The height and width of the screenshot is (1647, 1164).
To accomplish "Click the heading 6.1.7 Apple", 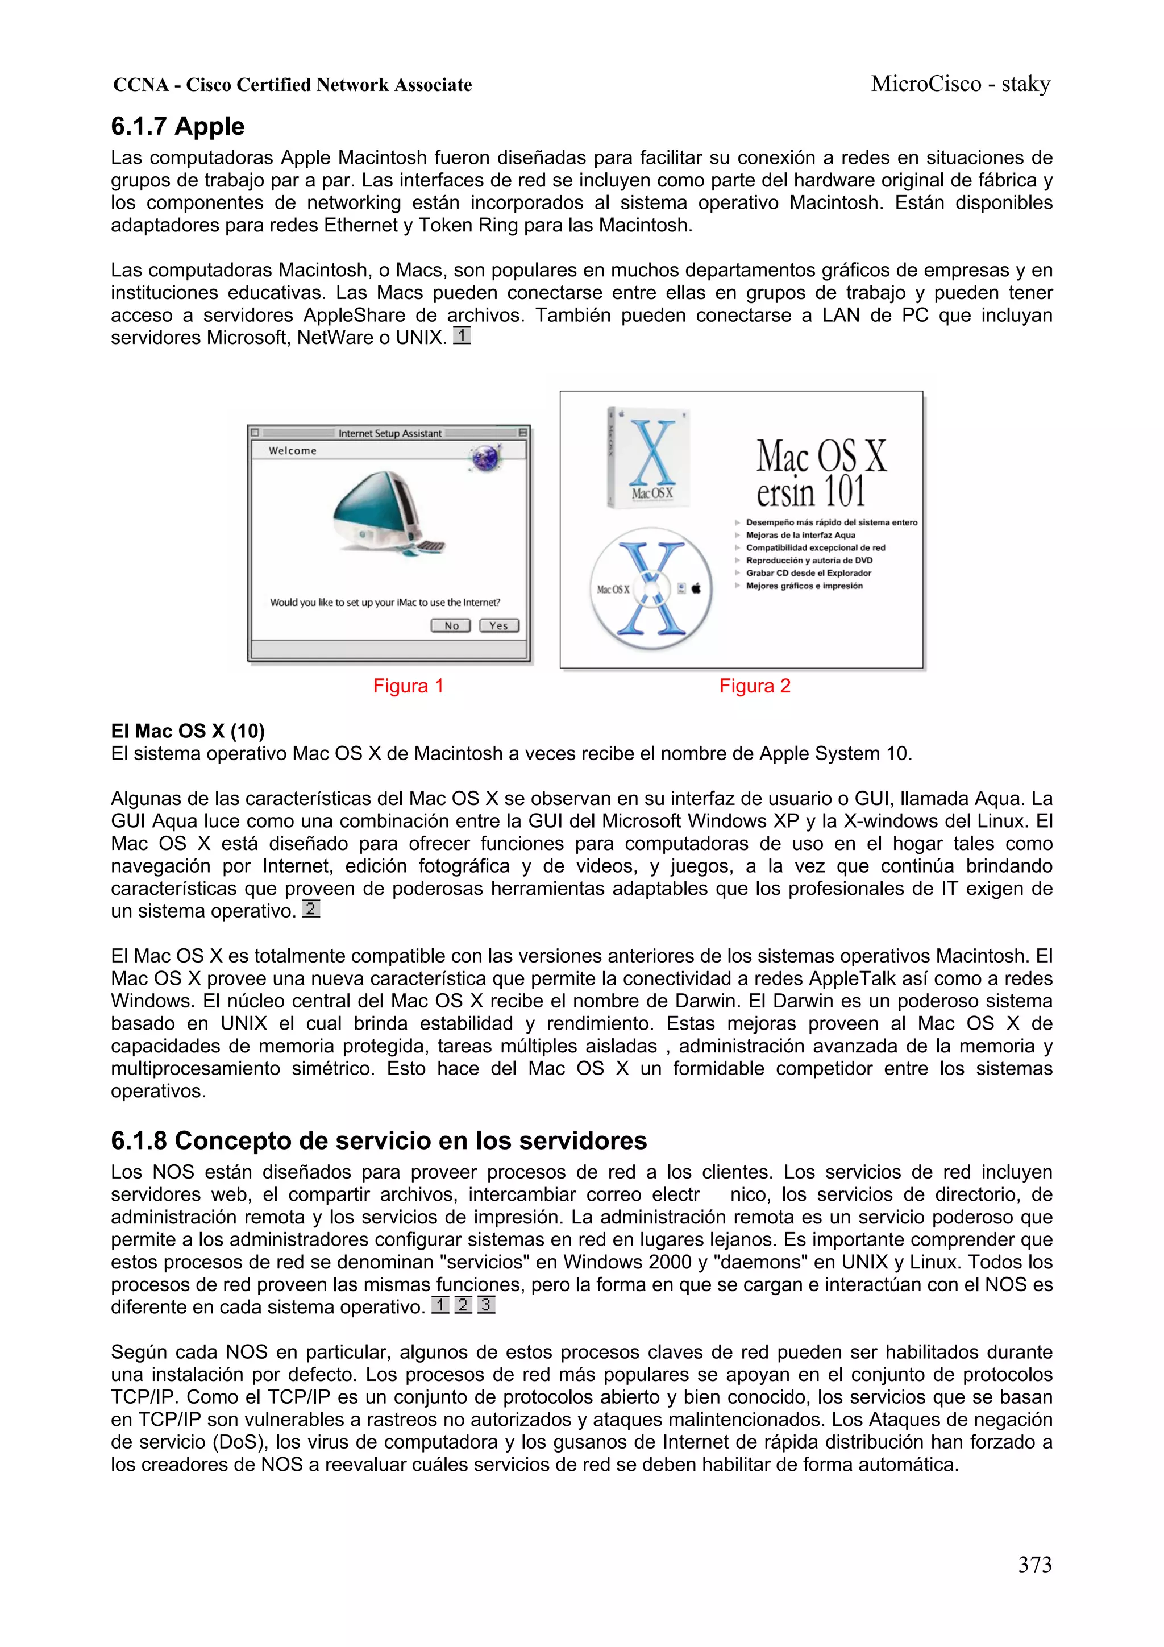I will click(177, 126).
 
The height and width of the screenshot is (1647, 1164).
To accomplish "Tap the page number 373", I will click(1034, 1565).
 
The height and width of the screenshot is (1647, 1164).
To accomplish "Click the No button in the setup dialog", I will click(450, 625).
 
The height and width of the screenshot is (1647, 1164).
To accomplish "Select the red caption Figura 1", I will click(408, 686).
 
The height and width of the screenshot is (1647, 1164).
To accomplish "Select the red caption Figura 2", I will click(754, 686).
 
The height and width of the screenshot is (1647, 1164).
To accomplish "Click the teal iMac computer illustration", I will click(384, 513).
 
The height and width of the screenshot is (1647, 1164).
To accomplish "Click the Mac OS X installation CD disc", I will click(651, 588).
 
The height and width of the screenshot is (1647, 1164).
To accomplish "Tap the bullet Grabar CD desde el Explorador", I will click(808, 573).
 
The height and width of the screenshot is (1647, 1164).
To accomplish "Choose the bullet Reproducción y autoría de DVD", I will click(808, 560).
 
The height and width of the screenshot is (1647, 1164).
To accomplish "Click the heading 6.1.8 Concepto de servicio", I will click(379, 1140).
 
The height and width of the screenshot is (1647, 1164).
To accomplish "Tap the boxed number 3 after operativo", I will click(487, 1305).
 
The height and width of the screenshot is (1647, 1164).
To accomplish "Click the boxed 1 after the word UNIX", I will click(462, 336).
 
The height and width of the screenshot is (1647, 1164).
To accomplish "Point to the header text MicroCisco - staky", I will click(961, 84).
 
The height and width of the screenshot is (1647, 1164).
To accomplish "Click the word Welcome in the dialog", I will click(293, 450).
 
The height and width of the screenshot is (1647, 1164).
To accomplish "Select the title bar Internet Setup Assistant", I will click(389, 433).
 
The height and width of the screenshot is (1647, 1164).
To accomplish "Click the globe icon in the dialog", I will click(485, 457).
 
